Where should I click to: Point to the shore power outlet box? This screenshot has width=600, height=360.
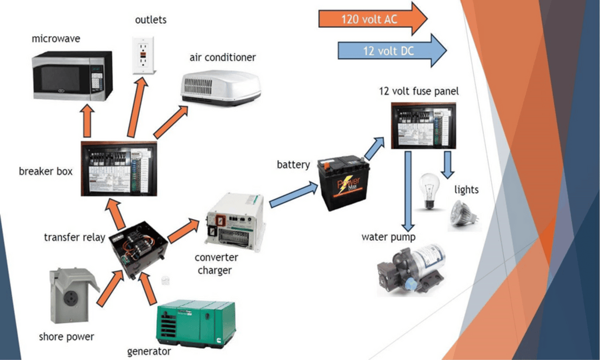pyautogui.click(x=71, y=295)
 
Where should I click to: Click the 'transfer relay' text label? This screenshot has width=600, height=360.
pyautogui.click(x=74, y=238)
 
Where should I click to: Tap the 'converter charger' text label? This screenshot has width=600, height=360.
pyautogui.click(x=216, y=264)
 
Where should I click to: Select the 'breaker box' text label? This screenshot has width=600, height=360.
pyautogui.click(x=46, y=172)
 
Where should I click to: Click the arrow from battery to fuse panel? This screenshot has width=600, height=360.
pyautogui.click(x=376, y=147)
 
